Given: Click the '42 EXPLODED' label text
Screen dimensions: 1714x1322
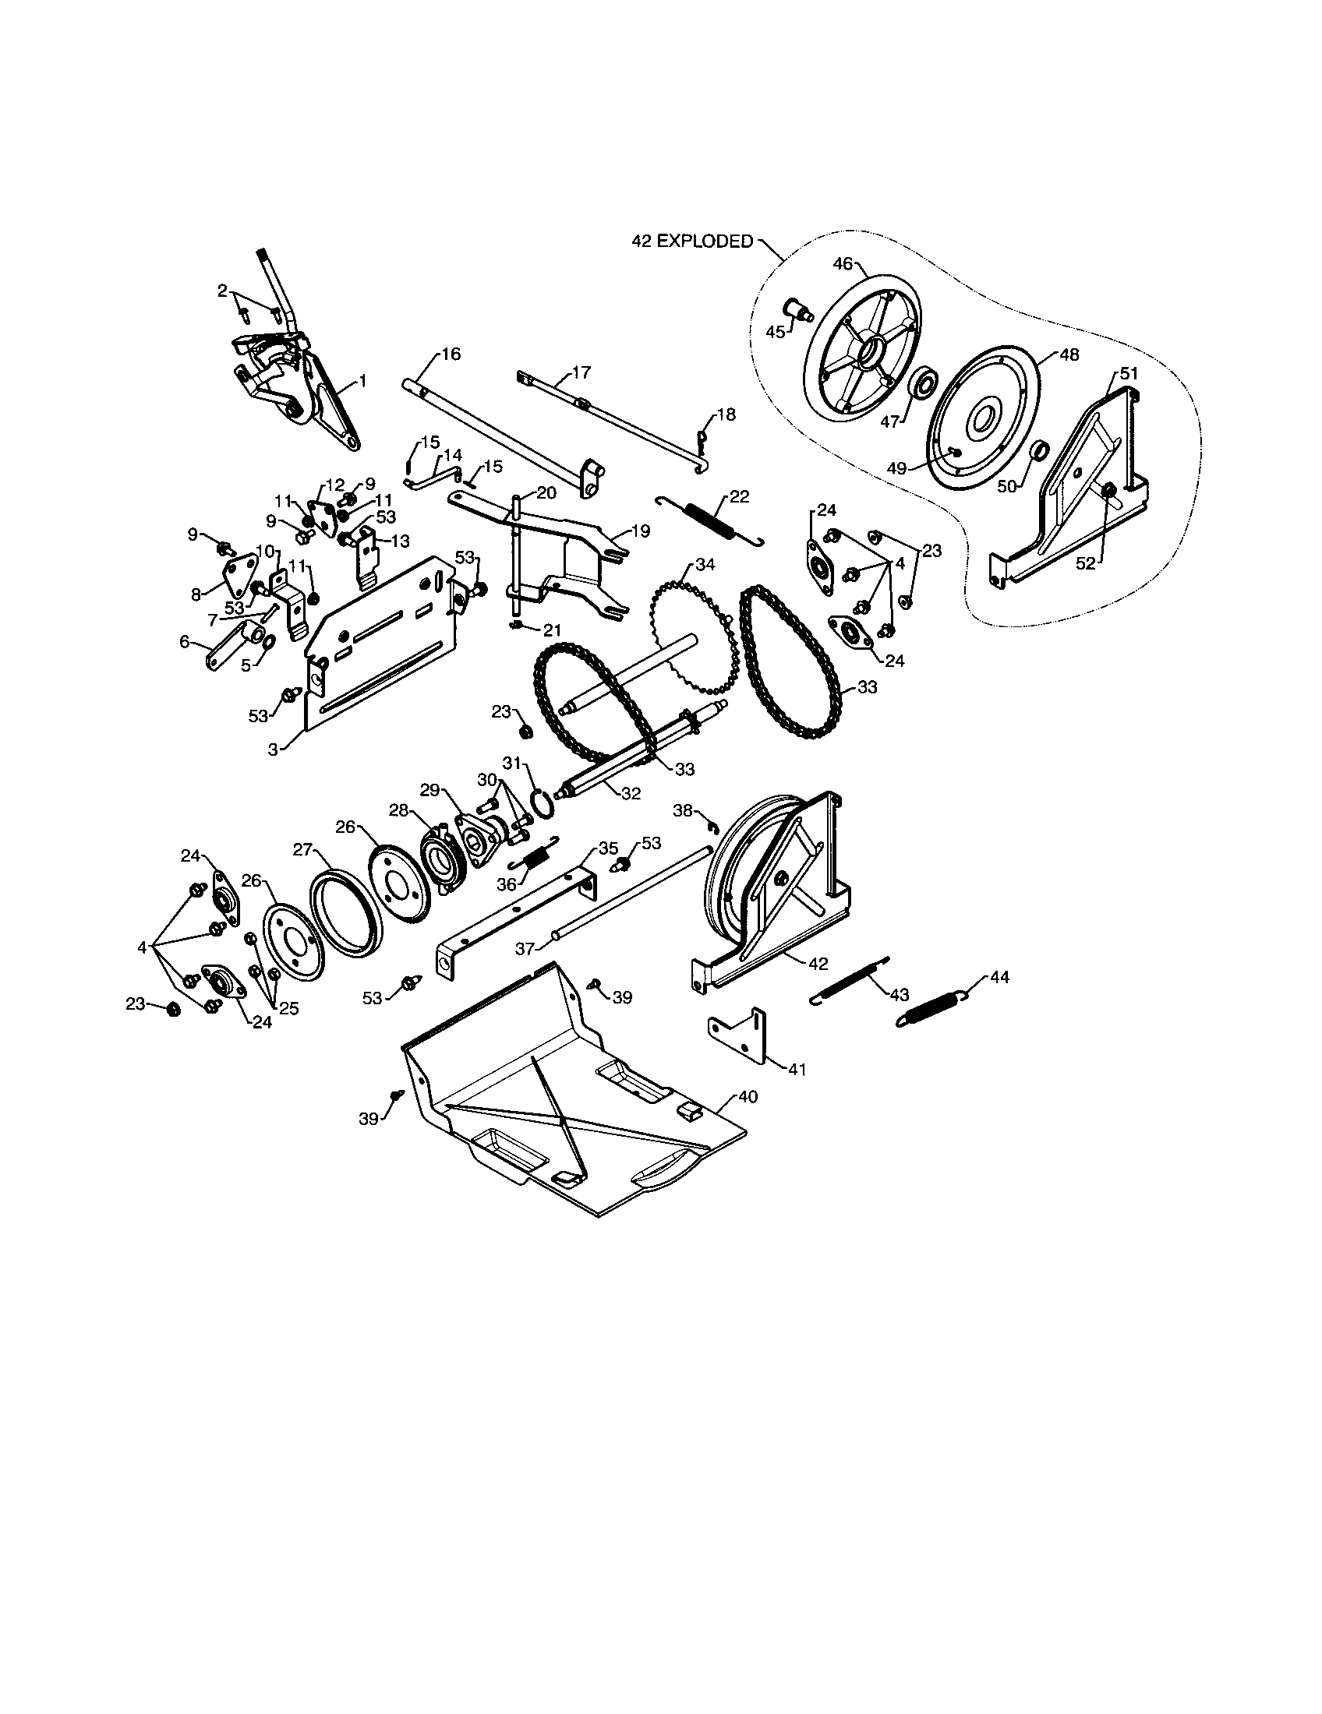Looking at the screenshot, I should click(691, 242).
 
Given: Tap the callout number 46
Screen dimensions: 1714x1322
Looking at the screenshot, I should click(843, 264).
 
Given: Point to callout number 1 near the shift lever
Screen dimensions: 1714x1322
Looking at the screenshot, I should click(362, 381).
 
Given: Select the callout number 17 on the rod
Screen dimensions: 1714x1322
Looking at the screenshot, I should click(581, 372).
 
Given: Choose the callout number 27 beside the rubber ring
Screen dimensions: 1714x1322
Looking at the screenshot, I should click(303, 848).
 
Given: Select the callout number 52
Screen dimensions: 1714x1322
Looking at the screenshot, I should click(1084, 563).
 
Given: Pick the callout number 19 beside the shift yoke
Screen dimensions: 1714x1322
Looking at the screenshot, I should click(640, 531).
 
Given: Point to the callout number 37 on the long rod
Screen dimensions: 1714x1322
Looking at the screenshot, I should click(525, 949).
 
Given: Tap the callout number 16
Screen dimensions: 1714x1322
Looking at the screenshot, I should click(451, 354).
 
